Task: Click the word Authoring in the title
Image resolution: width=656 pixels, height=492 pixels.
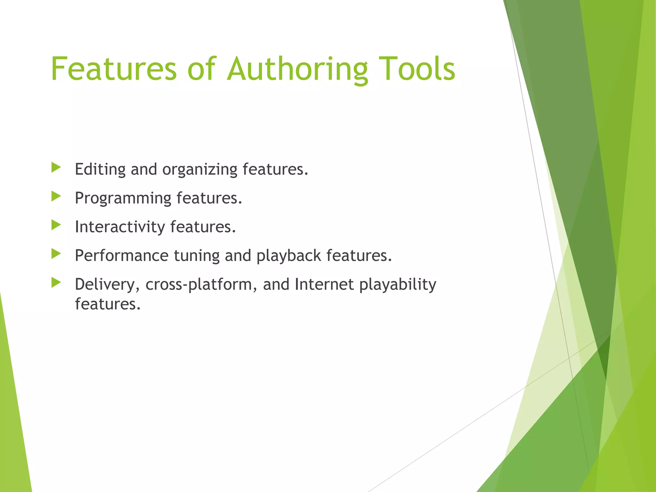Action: [x=297, y=69]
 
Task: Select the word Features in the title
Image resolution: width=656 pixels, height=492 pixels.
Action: [x=114, y=69]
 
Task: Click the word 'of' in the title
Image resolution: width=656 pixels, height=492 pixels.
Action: [x=202, y=69]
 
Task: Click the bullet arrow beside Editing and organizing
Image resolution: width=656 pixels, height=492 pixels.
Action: [x=56, y=168]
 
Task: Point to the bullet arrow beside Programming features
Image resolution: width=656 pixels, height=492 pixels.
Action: [x=56, y=196]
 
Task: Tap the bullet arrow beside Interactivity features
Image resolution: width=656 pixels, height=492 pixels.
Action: [x=56, y=225]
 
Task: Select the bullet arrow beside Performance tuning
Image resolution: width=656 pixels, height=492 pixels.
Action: [x=56, y=254]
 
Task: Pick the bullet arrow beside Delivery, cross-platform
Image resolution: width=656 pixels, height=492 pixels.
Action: [x=56, y=283]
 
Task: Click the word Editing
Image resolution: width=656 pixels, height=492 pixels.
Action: [x=100, y=169]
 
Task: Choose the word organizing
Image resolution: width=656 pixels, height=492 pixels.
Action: [x=200, y=170]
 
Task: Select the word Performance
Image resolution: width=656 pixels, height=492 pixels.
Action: [x=122, y=256]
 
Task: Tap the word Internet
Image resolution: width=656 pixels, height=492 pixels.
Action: [x=324, y=284]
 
